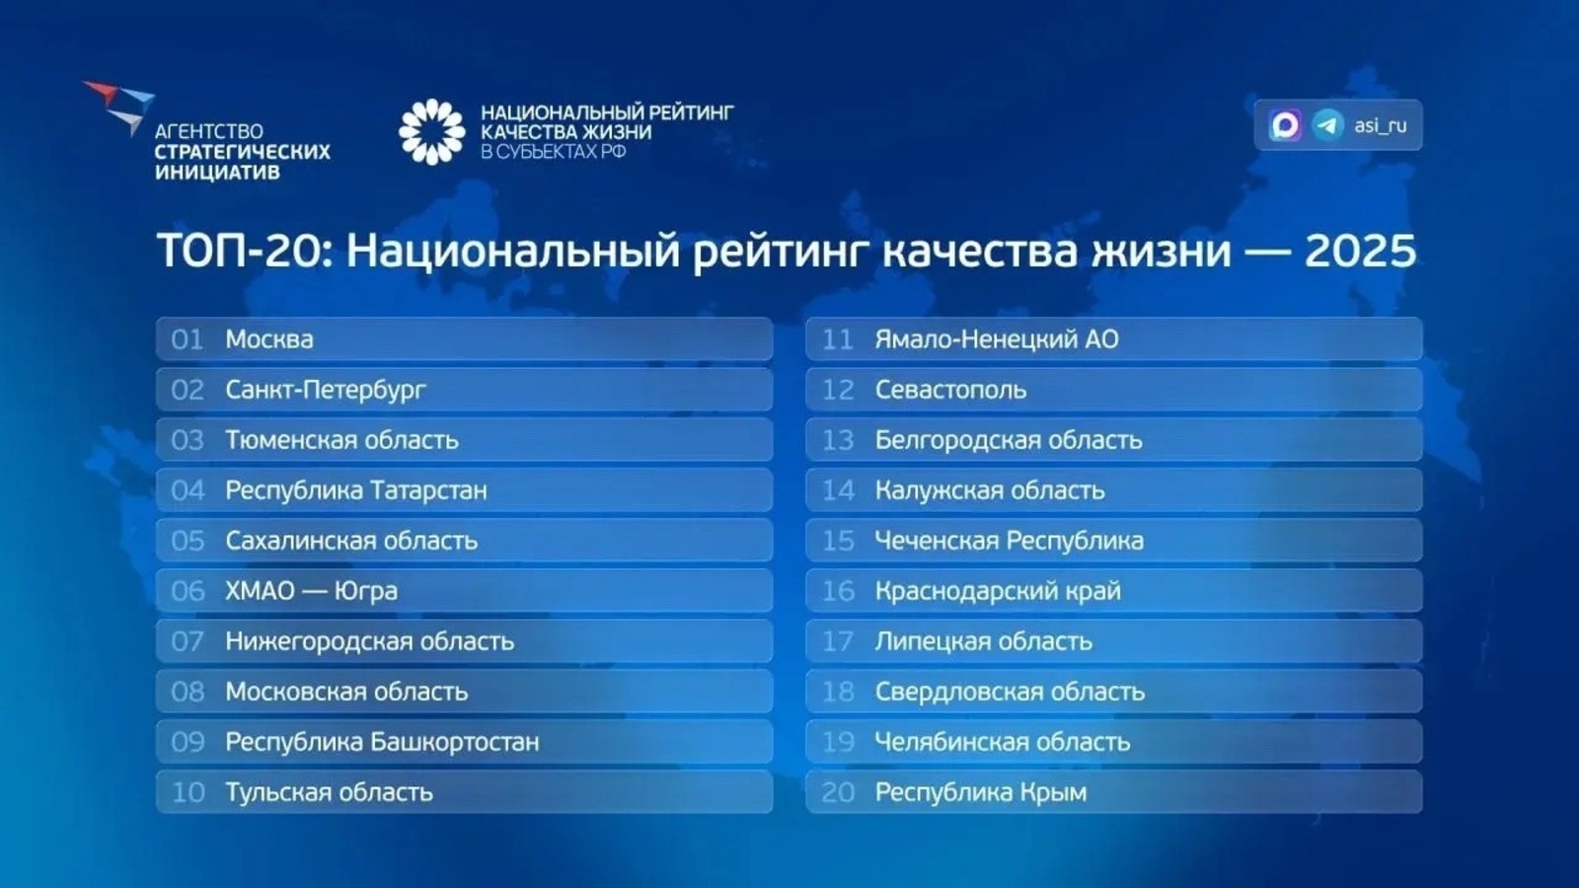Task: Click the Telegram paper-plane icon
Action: click(1327, 125)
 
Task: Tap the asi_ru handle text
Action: click(1380, 125)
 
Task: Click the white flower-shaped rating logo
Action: click(431, 131)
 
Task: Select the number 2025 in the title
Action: click(1360, 251)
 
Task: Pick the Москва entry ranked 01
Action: click(269, 339)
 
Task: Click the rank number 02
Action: click(188, 390)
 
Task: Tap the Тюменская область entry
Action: click(341, 440)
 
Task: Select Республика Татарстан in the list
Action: click(355, 490)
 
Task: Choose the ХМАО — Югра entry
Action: click(311, 591)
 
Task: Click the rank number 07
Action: click(188, 641)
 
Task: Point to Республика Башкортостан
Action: click(382, 742)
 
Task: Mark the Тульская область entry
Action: click(329, 792)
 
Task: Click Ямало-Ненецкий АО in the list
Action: click(997, 339)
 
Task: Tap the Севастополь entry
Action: click(950, 390)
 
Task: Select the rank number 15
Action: click(838, 541)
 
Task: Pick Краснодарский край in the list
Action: click(998, 591)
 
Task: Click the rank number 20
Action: click(838, 792)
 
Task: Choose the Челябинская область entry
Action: click(1002, 742)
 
